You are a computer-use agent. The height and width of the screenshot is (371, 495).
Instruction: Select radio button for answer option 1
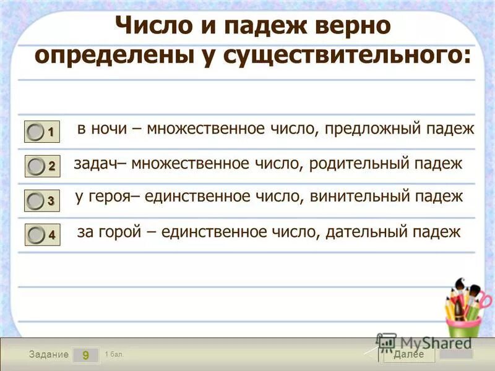pyautogui.click(x=37, y=131)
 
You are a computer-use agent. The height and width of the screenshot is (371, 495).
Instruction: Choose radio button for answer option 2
pyautogui.click(x=37, y=166)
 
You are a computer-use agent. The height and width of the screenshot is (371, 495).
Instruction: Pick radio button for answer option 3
pyautogui.click(x=37, y=200)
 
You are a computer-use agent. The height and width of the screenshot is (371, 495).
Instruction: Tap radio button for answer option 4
pyautogui.click(x=37, y=234)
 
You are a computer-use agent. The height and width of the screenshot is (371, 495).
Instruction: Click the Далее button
pyautogui.click(x=408, y=354)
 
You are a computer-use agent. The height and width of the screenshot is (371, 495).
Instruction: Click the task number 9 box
pyautogui.click(x=85, y=355)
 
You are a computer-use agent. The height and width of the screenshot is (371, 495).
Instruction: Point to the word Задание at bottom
pyautogui.click(x=49, y=355)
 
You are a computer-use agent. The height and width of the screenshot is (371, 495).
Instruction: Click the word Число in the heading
pyautogui.click(x=145, y=27)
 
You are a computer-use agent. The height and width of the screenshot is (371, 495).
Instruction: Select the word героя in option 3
pyautogui.click(x=109, y=197)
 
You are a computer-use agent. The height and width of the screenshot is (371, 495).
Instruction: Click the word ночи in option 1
pyautogui.click(x=110, y=129)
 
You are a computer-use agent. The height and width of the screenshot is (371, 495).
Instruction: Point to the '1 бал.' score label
pyautogui.click(x=114, y=354)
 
